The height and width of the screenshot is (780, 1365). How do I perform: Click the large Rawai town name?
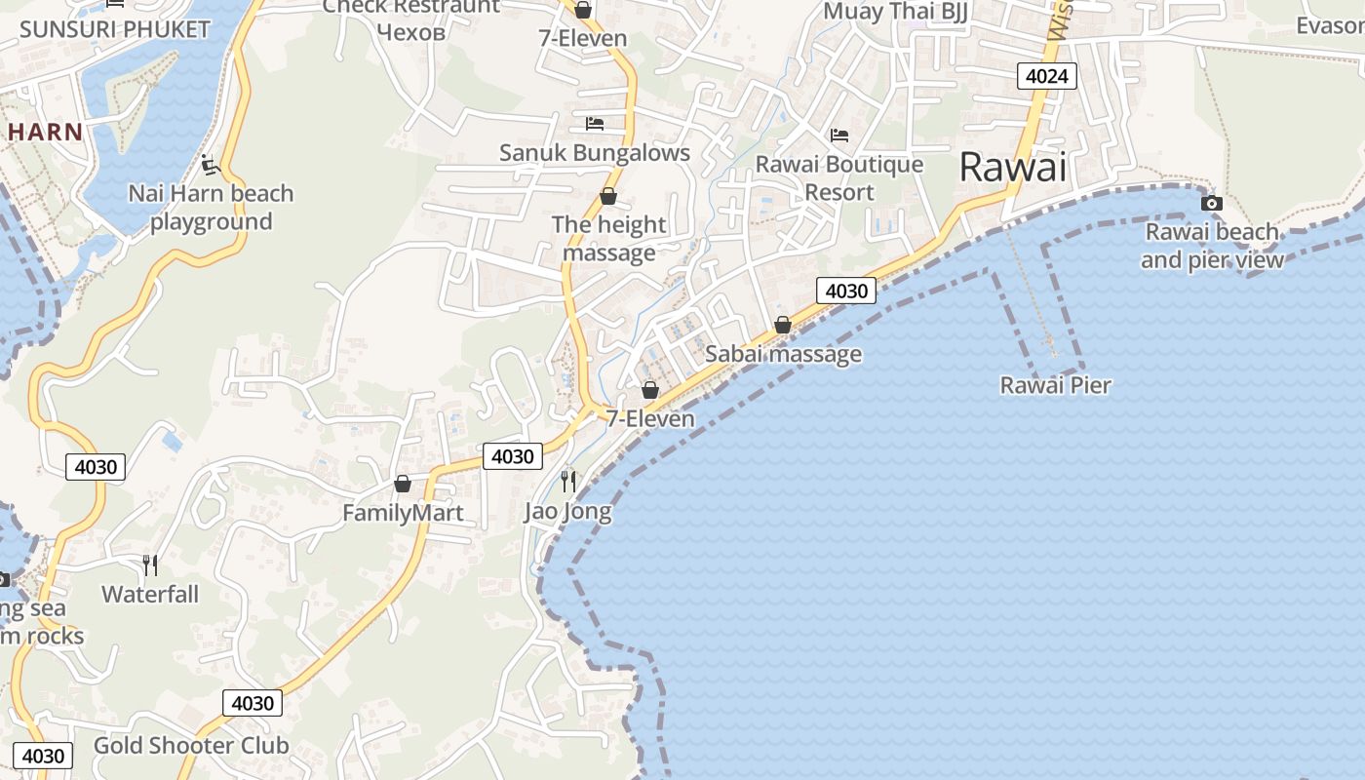click(1013, 167)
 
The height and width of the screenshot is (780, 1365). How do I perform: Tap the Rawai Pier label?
click(1056, 385)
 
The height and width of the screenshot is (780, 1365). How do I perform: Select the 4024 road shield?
click(1047, 76)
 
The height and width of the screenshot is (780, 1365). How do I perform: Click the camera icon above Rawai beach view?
click(1212, 203)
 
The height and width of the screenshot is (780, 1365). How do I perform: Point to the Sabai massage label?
click(783, 353)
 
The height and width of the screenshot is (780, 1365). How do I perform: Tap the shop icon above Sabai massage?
click(783, 325)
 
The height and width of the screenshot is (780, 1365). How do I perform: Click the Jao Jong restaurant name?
click(567, 511)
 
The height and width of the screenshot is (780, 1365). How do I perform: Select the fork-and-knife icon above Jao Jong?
click(568, 481)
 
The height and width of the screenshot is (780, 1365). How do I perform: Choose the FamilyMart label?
click(403, 513)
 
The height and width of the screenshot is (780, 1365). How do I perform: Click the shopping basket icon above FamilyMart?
click(403, 484)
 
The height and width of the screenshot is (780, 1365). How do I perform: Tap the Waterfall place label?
click(150, 594)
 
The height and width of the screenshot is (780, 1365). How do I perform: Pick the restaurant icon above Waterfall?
click(150, 565)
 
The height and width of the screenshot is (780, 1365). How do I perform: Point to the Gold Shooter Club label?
click(191, 746)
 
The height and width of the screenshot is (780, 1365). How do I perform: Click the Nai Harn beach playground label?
click(211, 208)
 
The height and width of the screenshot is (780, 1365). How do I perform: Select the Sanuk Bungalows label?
click(595, 153)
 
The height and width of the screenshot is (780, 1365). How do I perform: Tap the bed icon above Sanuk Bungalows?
click(595, 124)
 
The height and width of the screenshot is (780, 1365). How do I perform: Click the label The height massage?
click(609, 239)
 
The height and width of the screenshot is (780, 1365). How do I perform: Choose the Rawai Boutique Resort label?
click(839, 177)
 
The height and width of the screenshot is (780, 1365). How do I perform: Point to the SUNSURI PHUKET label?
click(115, 28)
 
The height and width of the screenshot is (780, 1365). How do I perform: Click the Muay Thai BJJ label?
click(895, 12)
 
